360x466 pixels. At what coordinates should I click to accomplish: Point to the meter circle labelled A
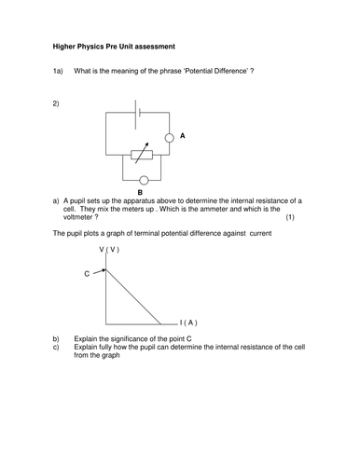(170, 137)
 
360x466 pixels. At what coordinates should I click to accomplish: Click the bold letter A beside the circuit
(183, 136)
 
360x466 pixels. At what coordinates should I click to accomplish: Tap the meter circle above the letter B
(143, 180)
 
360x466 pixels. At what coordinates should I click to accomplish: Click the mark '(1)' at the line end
(290, 218)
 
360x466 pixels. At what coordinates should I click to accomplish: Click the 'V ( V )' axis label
(108, 250)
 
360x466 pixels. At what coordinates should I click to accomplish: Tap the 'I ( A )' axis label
(188, 322)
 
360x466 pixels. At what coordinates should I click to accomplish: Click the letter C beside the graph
(87, 274)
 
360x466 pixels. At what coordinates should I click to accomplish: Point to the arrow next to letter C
(99, 273)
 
